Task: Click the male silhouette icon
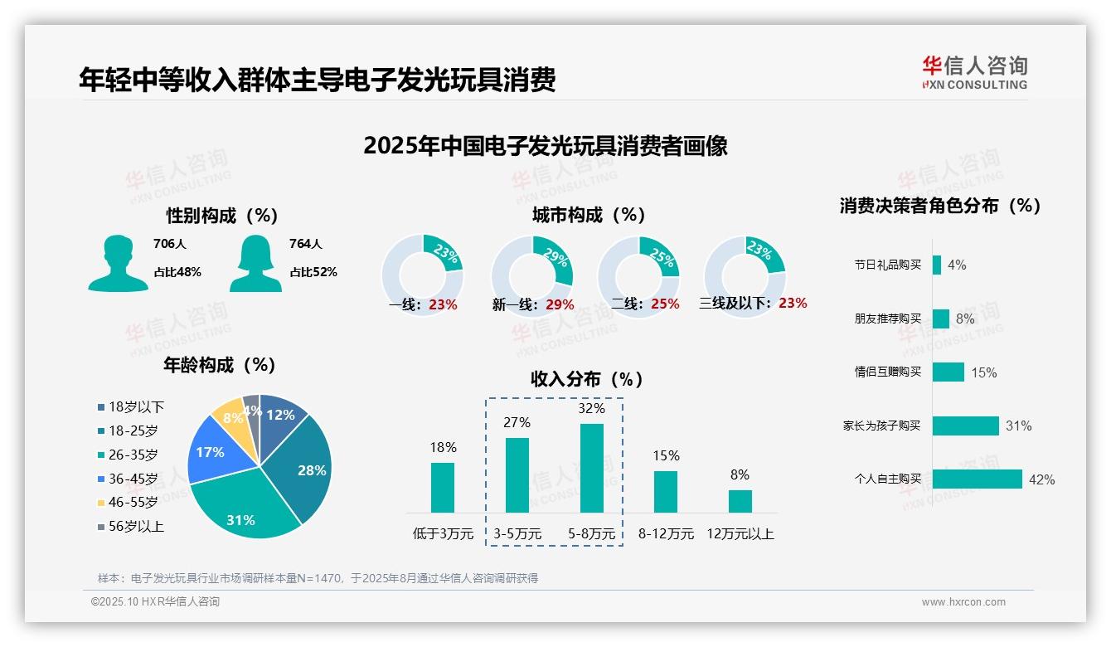(x=118, y=263)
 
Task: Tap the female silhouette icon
(x=255, y=263)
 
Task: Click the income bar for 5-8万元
(x=592, y=468)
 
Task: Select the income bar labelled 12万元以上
(x=740, y=501)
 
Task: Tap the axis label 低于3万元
(x=442, y=534)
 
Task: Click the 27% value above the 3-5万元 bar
(x=517, y=422)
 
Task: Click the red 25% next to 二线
(x=665, y=304)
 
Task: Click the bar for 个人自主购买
(x=977, y=479)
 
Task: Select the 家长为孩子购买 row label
(x=881, y=426)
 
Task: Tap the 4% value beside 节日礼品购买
(x=957, y=265)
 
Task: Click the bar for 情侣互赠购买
(x=948, y=372)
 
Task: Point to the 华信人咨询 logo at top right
(x=974, y=72)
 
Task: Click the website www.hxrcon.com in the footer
(x=963, y=602)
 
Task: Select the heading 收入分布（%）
(x=587, y=379)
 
